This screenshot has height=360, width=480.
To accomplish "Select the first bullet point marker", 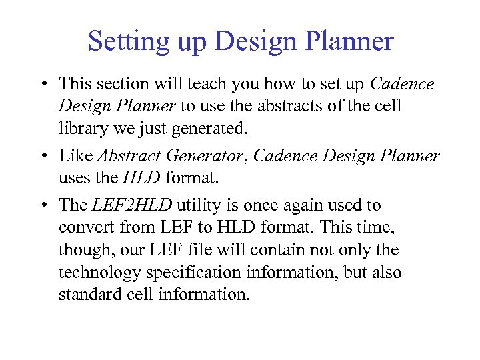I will (x=42, y=85).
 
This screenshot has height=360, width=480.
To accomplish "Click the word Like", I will (x=76, y=156).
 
